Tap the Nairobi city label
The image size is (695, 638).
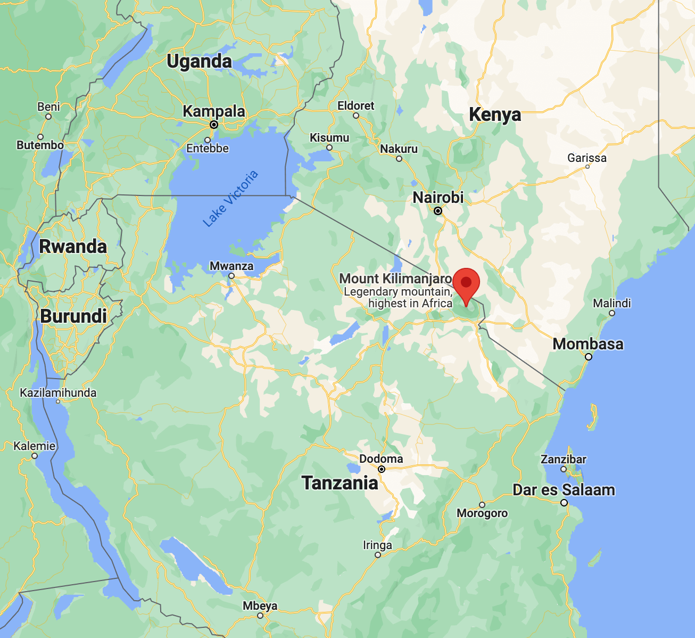click(438, 198)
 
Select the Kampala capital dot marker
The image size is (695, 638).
click(214, 125)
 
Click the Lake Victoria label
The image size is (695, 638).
click(230, 199)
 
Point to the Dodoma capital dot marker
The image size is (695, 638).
click(382, 469)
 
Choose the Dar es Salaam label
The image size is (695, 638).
click(564, 490)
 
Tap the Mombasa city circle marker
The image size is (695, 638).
click(589, 357)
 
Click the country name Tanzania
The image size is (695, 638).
click(340, 483)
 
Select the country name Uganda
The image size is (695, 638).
click(199, 62)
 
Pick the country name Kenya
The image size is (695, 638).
click(495, 115)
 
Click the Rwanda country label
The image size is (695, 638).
click(73, 247)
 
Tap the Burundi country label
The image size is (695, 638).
click(73, 316)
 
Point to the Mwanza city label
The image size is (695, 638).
click(231, 266)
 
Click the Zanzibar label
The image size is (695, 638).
click(563, 459)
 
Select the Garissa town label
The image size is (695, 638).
click(586, 158)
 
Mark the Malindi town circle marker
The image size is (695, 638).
click(612, 313)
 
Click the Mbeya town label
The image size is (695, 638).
click(260, 606)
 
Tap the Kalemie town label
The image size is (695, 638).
click(34, 446)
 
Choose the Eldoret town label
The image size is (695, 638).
click(355, 105)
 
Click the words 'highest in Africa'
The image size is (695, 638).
click(410, 304)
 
